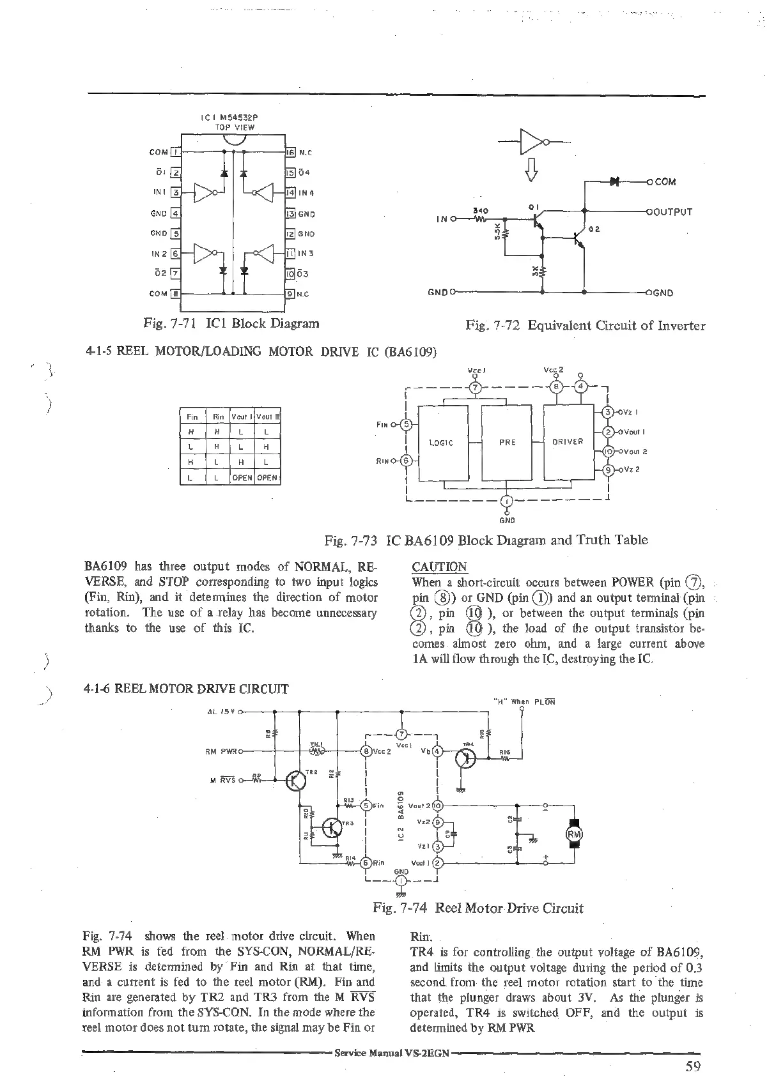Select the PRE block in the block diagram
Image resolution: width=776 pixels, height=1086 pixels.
tap(507, 442)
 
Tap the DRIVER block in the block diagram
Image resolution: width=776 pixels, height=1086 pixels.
tap(568, 442)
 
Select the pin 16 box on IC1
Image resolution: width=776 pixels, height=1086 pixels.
tap(289, 153)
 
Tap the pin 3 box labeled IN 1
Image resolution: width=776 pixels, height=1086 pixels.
tap(178, 192)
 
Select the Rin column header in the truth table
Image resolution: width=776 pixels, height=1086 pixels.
tap(218, 417)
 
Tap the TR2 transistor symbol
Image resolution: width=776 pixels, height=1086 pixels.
tap(296, 780)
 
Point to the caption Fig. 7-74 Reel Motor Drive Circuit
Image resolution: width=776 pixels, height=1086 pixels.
tap(478, 908)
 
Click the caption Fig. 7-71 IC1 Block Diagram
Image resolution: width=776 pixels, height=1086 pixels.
tap(231, 323)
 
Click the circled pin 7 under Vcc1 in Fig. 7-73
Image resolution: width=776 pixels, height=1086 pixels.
tap(474, 388)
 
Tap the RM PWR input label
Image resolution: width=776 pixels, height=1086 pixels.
tap(222, 751)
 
